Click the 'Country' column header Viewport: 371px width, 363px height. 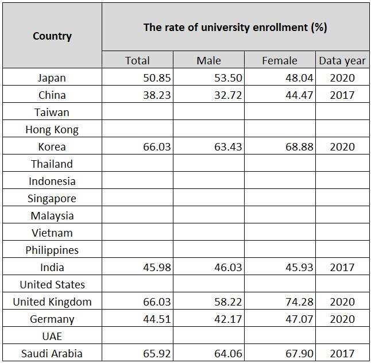(52, 36)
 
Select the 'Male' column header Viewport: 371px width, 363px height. (208, 60)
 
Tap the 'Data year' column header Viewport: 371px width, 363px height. (342, 60)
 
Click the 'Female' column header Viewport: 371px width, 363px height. (280, 60)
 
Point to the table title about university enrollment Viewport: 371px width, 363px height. (235, 28)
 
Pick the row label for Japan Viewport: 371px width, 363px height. (52, 78)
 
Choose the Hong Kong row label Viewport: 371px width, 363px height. (52, 129)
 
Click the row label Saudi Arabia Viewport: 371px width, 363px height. (52, 353)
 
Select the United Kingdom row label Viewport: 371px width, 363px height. (52, 302)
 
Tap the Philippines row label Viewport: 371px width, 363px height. (52, 250)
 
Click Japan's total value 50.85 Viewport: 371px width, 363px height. (157, 78)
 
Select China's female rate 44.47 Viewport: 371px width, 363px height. (299, 95)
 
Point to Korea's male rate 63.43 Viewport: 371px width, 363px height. (228, 146)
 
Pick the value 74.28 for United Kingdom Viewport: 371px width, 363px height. (299, 302)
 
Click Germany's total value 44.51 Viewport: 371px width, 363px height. (157, 319)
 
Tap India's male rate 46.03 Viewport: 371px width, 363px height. (228, 267)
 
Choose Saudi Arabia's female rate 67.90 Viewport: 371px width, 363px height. (299, 353)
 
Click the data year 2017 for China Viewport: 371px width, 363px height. (342, 95)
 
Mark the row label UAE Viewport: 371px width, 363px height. (52, 336)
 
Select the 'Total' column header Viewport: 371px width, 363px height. (137, 60)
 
